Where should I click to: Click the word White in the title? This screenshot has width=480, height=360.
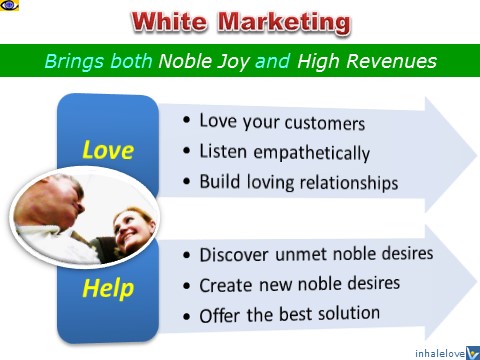pyautogui.click(x=169, y=22)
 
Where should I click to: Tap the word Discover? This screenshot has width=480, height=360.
pyautogui.click(x=238, y=254)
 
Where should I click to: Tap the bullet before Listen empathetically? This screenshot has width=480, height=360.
pyautogui.click(x=188, y=153)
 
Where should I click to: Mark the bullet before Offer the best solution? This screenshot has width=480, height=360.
pyautogui.click(x=188, y=316)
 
